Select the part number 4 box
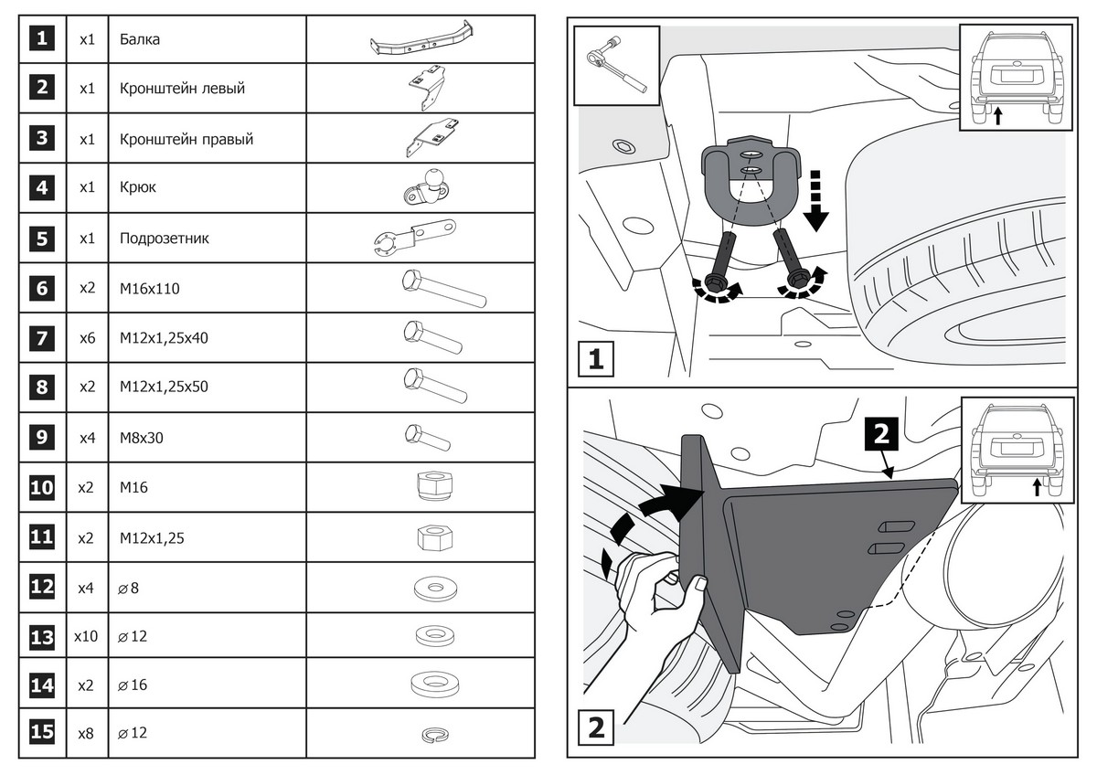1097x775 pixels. click(x=42, y=188)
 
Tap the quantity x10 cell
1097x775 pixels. click(x=87, y=636)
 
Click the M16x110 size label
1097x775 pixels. click(x=150, y=289)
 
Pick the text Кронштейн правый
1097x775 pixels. click(x=186, y=140)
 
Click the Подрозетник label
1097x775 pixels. click(x=164, y=239)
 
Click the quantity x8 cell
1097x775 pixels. click(x=87, y=733)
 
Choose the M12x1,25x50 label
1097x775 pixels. click(x=164, y=387)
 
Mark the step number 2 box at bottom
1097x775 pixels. click(x=595, y=728)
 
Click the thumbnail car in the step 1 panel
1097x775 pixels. click(x=1016, y=78)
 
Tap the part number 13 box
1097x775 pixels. click(x=42, y=636)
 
